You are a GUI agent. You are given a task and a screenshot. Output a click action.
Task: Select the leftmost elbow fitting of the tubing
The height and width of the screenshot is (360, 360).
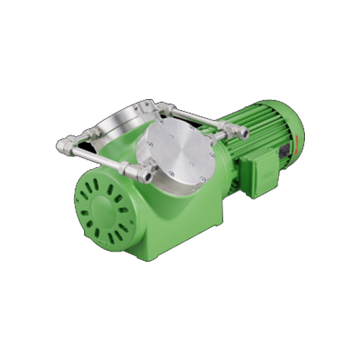(64, 144)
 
